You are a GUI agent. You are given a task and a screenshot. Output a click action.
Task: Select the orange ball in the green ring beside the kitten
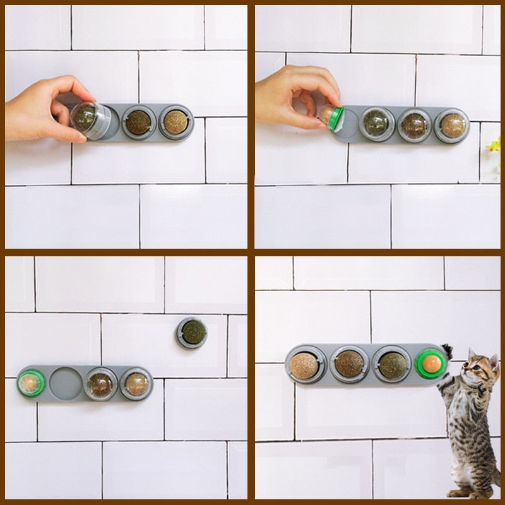[x=431, y=363]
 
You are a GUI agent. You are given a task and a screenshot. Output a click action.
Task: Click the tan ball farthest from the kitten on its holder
[x=305, y=365]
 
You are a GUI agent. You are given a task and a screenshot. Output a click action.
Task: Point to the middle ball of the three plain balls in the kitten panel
[x=348, y=364]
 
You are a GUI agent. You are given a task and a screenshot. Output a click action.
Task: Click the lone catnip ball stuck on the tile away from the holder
[x=192, y=332]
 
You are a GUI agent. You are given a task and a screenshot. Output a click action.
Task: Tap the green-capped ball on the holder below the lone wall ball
[x=30, y=383]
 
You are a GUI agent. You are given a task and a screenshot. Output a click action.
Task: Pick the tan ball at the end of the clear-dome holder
[x=175, y=122]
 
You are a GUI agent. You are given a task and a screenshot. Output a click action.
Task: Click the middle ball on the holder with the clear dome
[x=139, y=122]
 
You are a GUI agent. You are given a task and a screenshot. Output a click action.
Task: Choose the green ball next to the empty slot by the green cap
[x=376, y=124]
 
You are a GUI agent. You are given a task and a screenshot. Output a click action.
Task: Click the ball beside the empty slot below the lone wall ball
[x=100, y=384]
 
